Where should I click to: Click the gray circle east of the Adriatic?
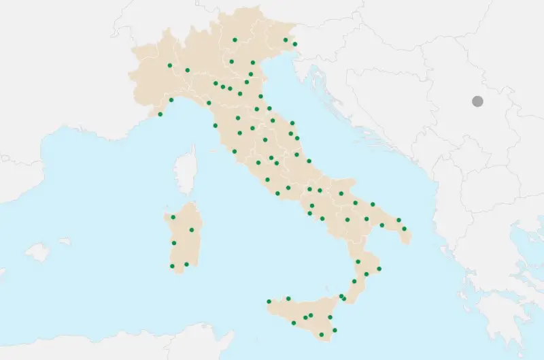[477, 101]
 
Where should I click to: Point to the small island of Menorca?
[65, 241]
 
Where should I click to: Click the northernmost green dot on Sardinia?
[173, 217]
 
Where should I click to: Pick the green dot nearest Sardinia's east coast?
[192, 229]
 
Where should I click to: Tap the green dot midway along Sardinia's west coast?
[174, 243]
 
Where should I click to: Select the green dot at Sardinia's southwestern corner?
[172, 265]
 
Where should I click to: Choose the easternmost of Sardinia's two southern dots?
[186, 264]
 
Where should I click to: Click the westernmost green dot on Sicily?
[269, 301]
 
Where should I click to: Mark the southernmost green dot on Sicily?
[334, 330]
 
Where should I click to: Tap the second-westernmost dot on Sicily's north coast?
[288, 298]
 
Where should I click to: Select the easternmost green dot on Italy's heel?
[404, 229]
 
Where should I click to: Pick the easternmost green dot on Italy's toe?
[379, 269]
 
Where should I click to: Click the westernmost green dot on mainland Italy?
[160, 114]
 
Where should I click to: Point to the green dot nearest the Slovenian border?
[295, 44]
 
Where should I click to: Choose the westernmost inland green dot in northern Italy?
[169, 65]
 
